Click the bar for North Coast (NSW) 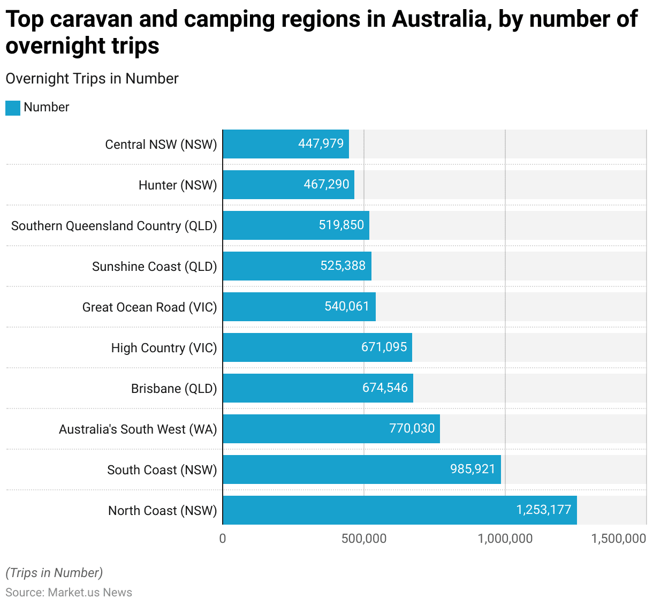[x=399, y=510]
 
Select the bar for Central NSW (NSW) [x=285, y=144]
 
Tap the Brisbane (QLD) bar [x=317, y=388]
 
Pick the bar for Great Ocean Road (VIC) [x=299, y=307]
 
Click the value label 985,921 [x=473, y=469]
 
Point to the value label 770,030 [x=412, y=429]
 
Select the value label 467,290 [x=326, y=185]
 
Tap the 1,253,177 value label [x=543, y=510]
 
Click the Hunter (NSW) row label [x=178, y=185]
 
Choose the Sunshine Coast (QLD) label [x=154, y=267]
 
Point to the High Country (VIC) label [x=164, y=348]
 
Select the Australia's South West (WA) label [x=138, y=429]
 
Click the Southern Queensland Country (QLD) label [x=114, y=226]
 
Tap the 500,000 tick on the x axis [x=364, y=539]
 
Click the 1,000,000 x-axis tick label [x=505, y=539]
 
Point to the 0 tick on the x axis [x=223, y=539]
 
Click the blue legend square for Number [x=13, y=108]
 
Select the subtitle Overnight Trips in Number [x=92, y=79]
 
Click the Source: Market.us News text [x=69, y=593]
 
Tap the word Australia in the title [x=441, y=20]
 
